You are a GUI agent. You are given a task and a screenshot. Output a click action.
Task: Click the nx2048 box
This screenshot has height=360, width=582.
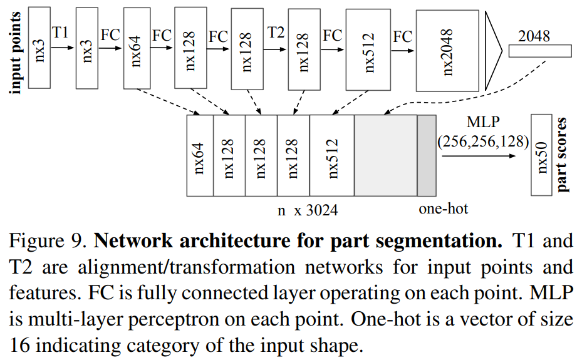[447, 52]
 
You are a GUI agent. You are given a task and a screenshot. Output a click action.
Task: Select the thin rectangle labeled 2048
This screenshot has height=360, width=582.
[539, 51]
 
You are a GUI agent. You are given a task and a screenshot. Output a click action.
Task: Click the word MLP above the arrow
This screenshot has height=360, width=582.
[483, 121]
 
